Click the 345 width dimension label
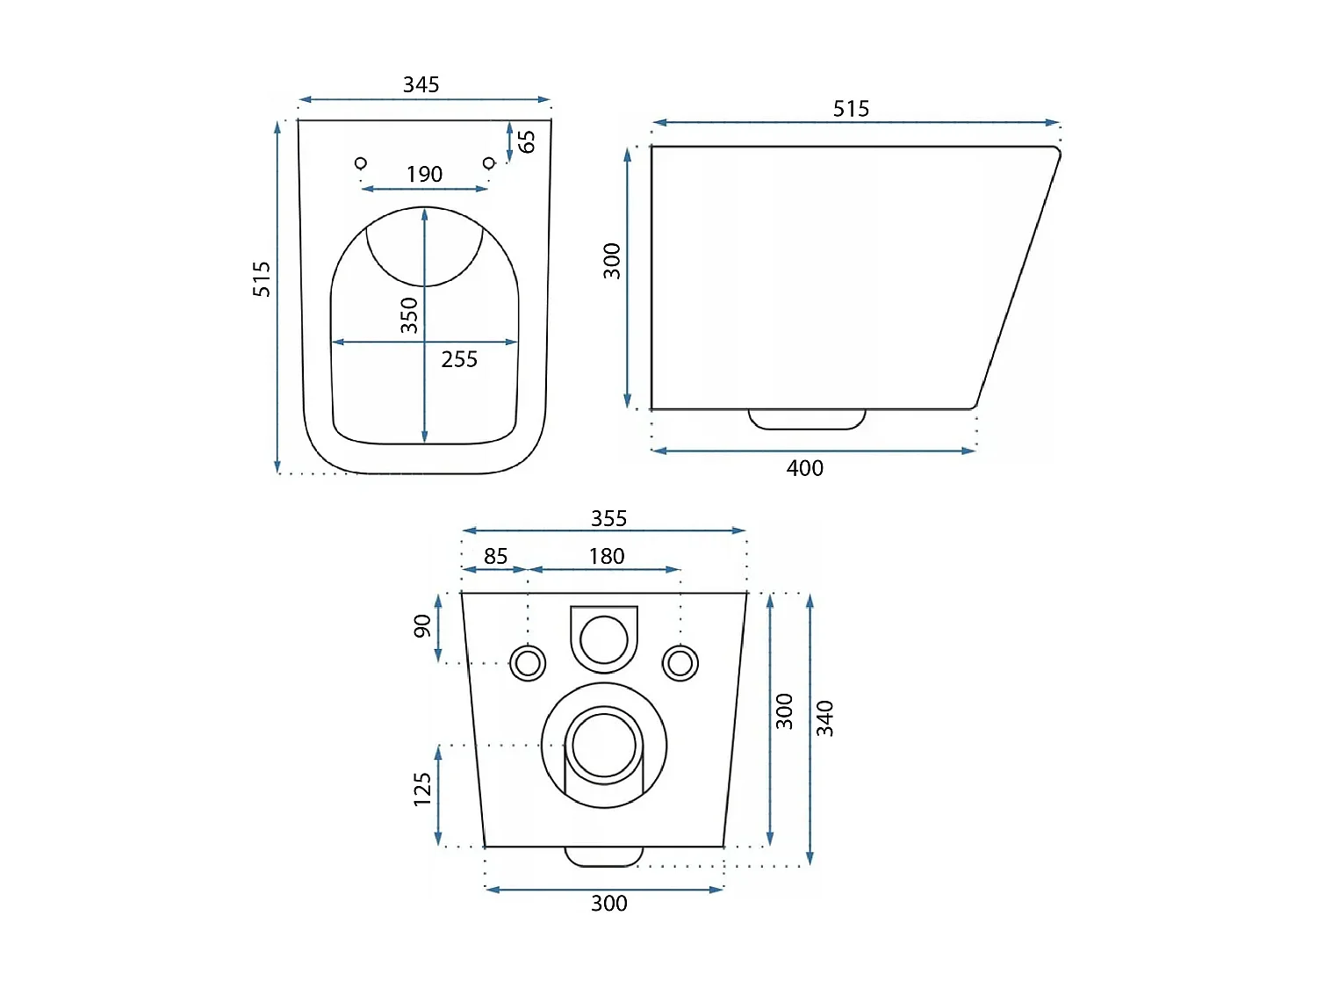pyautogui.click(x=421, y=84)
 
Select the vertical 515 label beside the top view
pyautogui.click(x=262, y=278)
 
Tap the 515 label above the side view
pyautogui.click(x=851, y=109)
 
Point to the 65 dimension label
pyautogui.click(x=526, y=141)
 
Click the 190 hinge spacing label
pyautogui.click(x=424, y=174)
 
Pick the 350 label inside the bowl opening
pyautogui.click(x=409, y=315)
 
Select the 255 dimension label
pyautogui.click(x=459, y=359)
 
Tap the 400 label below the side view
pyautogui.click(x=804, y=468)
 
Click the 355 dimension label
pyautogui.click(x=608, y=518)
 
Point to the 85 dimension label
pyautogui.click(x=495, y=556)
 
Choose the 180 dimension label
pyautogui.click(x=606, y=556)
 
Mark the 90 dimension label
pyautogui.click(x=422, y=626)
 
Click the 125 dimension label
pyautogui.click(x=422, y=790)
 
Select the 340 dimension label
pyautogui.click(x=824, y=718)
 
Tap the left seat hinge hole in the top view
pyautogui.click(x=360, y=162)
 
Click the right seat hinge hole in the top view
pyautogui.click(x=489, y=162)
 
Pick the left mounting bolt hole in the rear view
pyautogui.click(x=528, y=663)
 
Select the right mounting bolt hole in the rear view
pyautogui.click(x=680, y=663)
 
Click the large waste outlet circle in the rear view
pyautogui.click(x=604, y=745)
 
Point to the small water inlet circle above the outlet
pyautogui.click(x=604, y=638)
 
